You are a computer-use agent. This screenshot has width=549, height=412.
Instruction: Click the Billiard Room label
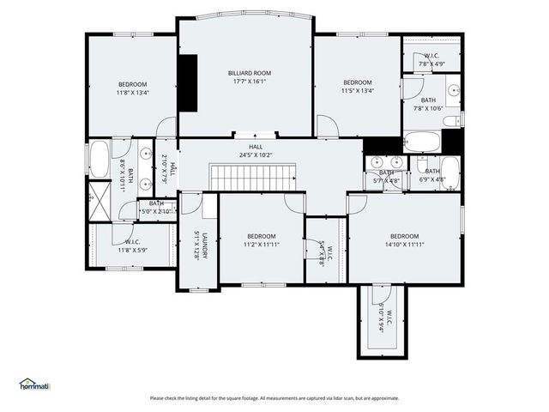pyautogui.click(x=250, y=74)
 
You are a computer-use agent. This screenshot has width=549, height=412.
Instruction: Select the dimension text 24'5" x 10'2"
pyautogui.click(x=255, y=155)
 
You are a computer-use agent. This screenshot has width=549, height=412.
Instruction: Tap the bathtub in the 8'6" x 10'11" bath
pyautogui.click(x=100, y=161)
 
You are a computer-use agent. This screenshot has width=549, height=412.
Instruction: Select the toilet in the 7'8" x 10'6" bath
pyautogui.click(x=453, y=120)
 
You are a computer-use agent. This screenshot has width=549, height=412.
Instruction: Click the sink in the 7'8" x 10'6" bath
pyautogui.click(x=453, y=90)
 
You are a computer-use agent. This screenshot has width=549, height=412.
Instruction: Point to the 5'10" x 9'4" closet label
pyautogui.click(x=383, y=321)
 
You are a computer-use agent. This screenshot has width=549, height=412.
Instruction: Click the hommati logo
pyautogui.click(x=34, y=385)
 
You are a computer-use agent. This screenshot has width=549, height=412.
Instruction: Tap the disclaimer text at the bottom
pyautogui.click(x=274, y=398)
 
